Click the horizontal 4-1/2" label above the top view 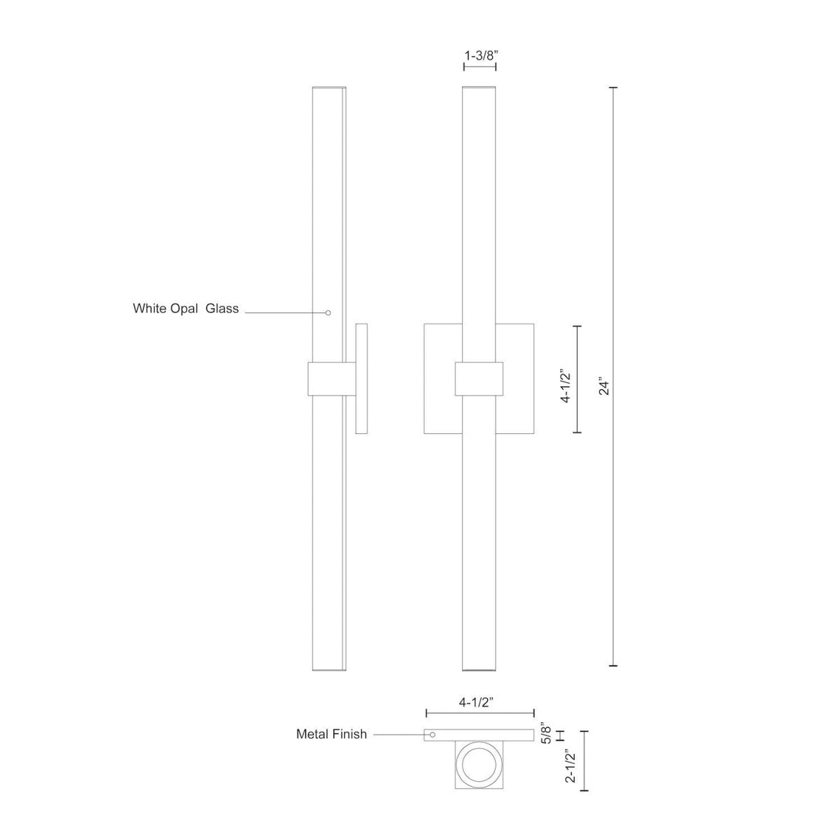click(479, 701)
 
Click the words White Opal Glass click(185, 308)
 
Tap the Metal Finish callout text click(331, 734)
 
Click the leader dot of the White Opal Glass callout click(328, 312)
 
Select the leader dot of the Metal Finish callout click(433, 734)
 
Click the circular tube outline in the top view click(479, 764)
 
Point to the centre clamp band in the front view click(479, 379)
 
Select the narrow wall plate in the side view click(362, 379)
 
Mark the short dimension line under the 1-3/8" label click(479, 67)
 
